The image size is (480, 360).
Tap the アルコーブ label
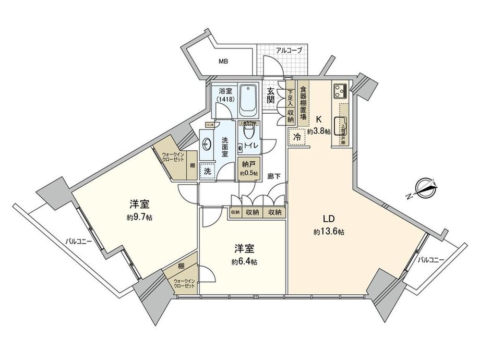289,51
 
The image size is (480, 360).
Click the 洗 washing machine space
207,171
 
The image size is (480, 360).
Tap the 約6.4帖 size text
245,262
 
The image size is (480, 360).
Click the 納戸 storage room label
247,164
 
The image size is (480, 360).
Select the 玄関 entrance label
271,95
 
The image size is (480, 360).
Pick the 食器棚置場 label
303,104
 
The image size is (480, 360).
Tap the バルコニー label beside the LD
430,259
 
